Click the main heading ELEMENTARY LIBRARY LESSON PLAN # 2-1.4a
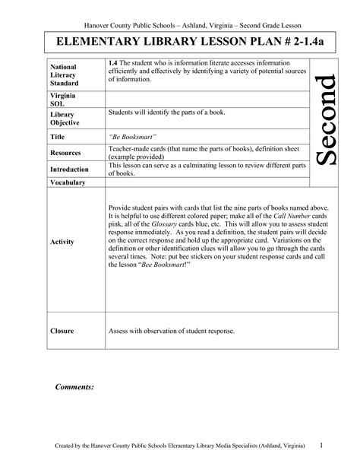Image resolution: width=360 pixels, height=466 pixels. click(x=179, y=40)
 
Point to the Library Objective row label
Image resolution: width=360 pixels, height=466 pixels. click(x=65, y=118)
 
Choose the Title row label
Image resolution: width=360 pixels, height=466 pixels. click(x=57, y=138)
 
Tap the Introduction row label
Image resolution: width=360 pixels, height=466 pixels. click(x=69, y=169)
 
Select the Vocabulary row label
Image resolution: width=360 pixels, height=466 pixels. click(x=68, y=183)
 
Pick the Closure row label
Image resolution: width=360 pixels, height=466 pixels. click(x=62, y=331)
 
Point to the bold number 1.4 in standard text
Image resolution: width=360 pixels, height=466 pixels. click(x=115, y=62)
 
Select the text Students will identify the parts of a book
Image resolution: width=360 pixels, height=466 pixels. click(x=166, y=113)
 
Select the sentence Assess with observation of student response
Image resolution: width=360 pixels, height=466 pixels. click(x=172, y=331)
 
